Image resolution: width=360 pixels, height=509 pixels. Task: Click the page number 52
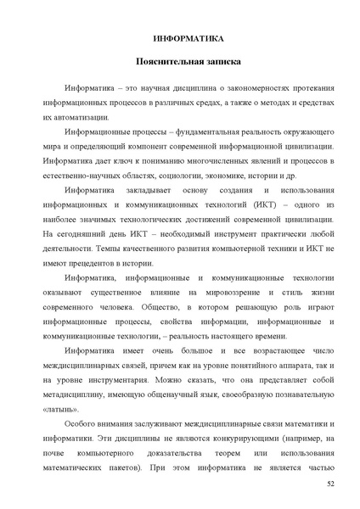tap(329, 483)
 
